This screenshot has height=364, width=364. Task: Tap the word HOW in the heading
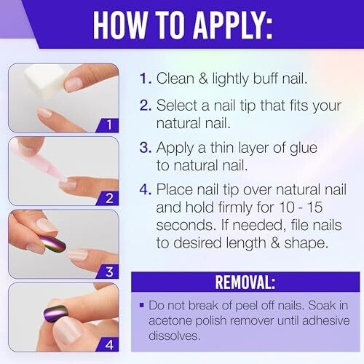coord(120,25)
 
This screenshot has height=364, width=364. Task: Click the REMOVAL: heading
coord(245,282)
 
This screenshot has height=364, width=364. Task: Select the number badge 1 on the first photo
coord(108,125)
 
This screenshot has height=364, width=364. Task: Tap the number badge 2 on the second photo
coord(108,198)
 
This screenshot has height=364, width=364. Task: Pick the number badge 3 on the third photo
coord(108,272)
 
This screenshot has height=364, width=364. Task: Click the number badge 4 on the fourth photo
coord(108,344)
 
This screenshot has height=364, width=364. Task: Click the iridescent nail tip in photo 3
coord(53,244)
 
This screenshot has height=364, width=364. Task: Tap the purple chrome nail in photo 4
coord(55,314)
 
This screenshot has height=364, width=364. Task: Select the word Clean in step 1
coord(175,79)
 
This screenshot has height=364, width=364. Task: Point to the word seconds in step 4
coord(186,225)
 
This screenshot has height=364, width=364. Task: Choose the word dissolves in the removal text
coord(175,336)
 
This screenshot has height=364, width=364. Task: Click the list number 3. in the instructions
coord(146,147)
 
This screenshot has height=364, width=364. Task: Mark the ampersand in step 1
coord(203,79)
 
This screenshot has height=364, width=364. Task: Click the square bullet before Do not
coord(142,305)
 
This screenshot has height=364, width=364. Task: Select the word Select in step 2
coord(177,106)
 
